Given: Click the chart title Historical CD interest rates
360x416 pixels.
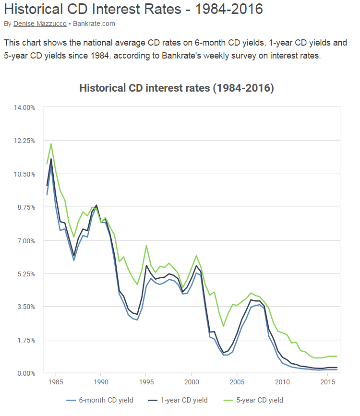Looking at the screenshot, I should (x=176, y=88).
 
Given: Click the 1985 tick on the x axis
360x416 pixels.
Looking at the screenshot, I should (x=55, y=382).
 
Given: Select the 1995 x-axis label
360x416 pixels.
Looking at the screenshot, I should (x=146, y=382).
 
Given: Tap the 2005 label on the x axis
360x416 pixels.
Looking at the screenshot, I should (x=237, y=382).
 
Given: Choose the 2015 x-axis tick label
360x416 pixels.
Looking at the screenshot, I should (x=328, y=382).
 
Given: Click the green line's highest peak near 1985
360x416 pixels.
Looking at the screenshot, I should (x=51, y=144).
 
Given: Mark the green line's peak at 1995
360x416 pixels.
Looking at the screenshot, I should (x=146, y=246).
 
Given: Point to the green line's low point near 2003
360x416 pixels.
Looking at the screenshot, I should (x=223, y=326).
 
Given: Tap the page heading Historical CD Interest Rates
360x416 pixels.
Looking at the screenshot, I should (x=133, y=9).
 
